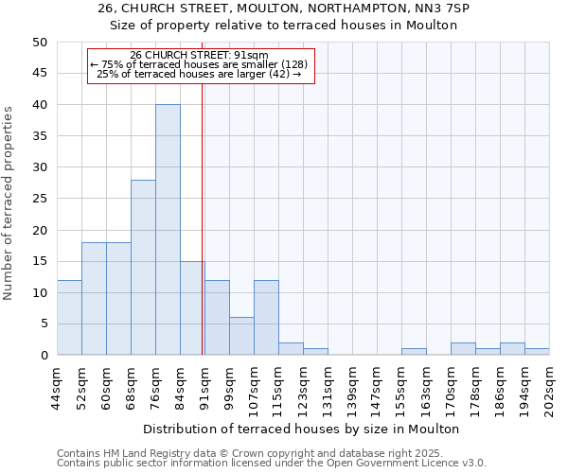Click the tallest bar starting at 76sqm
click(x=168, y=230)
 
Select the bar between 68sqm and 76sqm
click(x=143, y=268)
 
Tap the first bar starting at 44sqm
click(x=69, y=318)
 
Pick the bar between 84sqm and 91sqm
click(x=192, y=308)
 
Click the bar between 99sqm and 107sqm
click(x=241, y=337)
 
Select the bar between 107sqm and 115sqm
click(x=266, y=318)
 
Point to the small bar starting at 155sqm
click(x=414, y=352)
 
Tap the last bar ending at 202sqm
click(x=537, y=352)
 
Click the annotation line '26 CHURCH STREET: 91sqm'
click(x=199, y=56)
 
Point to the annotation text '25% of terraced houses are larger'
click(x=199, y=74)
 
